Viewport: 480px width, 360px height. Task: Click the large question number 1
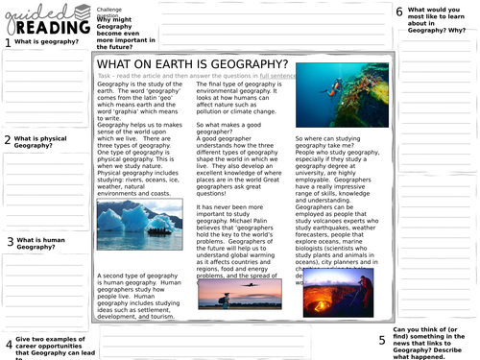(7, 42)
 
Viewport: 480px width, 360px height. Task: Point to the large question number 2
(7, 140)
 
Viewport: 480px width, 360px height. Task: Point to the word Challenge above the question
(110, 5)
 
